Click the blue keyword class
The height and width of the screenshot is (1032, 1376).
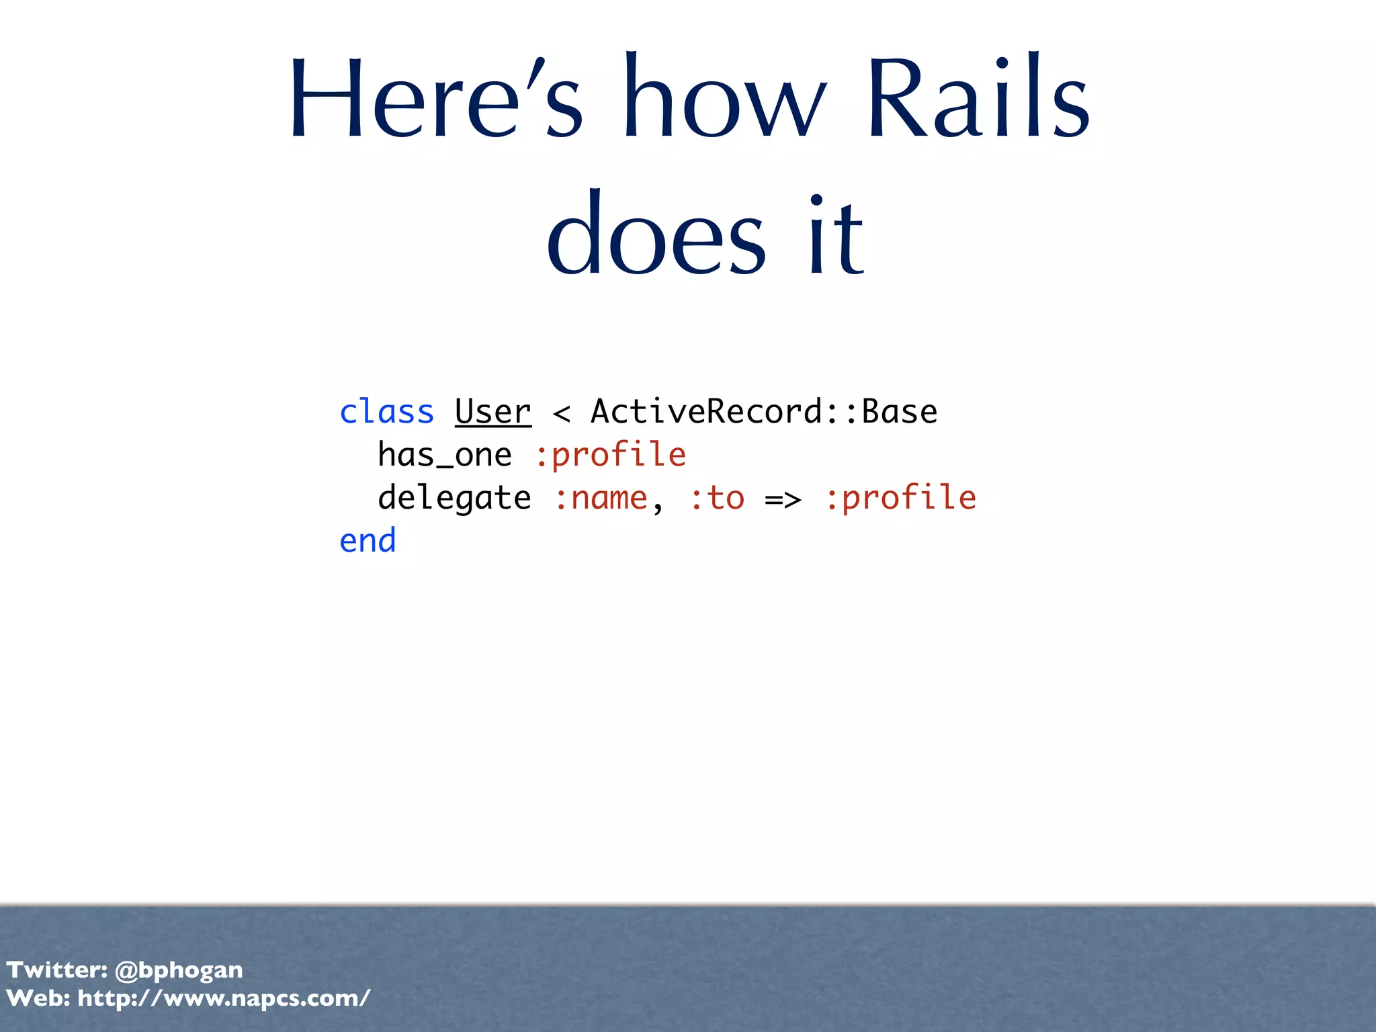pyautogui.click(x=386, y=411)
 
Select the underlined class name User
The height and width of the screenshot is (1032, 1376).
pyautogui.click(x=492, y=411)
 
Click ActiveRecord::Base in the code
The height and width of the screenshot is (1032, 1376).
pyautogui.click(x=764, y=411)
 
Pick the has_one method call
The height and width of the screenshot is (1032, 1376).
pyautogui.click(x=444, y=455)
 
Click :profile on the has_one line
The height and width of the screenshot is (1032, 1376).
pyautogui.click(x=610, y=455)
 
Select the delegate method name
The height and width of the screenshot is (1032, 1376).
pyautogui.click(x=454, y=499)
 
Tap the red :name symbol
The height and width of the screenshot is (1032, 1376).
pyautogui.click(x=601, y=499)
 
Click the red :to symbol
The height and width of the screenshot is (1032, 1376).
pyautogui.click(x=717, y=499)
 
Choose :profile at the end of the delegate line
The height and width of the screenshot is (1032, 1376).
pyautogui.click(x=900, y=499)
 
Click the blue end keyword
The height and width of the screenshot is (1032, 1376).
pyautogui.click(x=368, y=541)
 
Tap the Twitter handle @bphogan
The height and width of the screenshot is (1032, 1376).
pyautogui.click(x=179, y=970)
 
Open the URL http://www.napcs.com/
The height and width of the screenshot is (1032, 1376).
pyautogui.click(x=224, y=998)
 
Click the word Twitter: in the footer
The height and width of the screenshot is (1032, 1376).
pyautogui.click(x=56, y=970)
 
